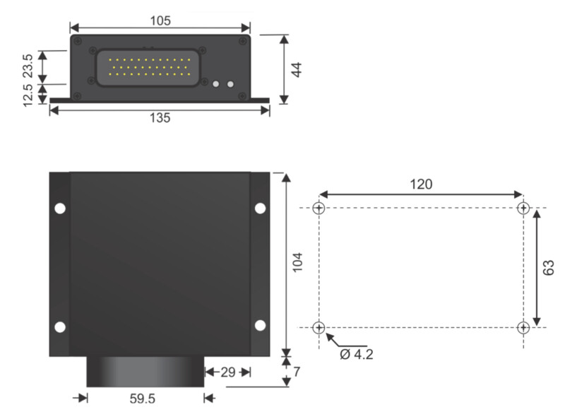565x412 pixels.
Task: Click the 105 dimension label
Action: pyautogui.click(x=160, y=20)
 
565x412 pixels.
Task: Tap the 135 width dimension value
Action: pyautogui.click(x=160, y=118)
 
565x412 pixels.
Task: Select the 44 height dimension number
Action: pyautogui.click(x=296, y=69)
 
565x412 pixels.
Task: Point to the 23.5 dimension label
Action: pyautogui.click(x=28, y=66)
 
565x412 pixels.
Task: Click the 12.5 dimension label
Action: pyautogui.click(x=28, y=95)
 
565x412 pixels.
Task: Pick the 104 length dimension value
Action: pyautogui.click(x=297, y=262)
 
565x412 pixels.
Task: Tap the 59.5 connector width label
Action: pyautogui.click(x=143, y=399)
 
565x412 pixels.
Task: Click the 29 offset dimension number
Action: pyautogui.click(x=227, y=372)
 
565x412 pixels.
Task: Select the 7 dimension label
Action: pyautogui.click(x=297, y=372)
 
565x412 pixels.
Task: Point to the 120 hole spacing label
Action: pyautogui.click(x=421, y=184)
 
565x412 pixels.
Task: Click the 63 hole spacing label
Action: pyautogui.click(x=549, y=267)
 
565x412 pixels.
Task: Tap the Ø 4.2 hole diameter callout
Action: pyautogui.click(x=357, y=355)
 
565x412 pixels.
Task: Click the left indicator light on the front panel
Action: pyautogui.click(x=216, y=84)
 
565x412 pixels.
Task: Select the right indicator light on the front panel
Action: pyautogui.click(x=230, y=84)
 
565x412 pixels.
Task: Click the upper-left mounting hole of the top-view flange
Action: pyautogui.click(x=60, y=208)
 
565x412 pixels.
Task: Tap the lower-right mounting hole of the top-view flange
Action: pyautogui.click(x=260, y=325)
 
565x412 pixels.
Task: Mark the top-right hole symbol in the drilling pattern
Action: pyautogui.click(x=523, y=208)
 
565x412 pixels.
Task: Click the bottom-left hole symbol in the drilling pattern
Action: pyautogui.click(x=319, y=328)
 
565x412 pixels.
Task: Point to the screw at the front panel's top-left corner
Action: pyautogui.click(x=78, y=41)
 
